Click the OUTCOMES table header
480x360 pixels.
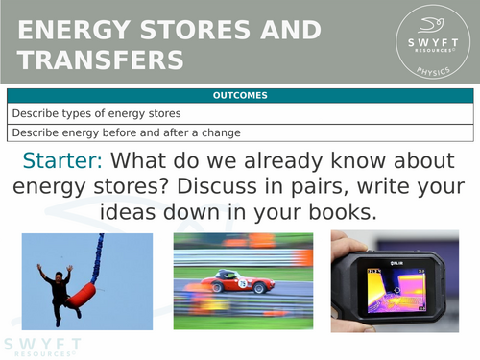pos(240,95)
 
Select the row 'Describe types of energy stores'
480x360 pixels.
pos(76,113)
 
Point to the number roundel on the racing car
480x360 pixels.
pos(243,282)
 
